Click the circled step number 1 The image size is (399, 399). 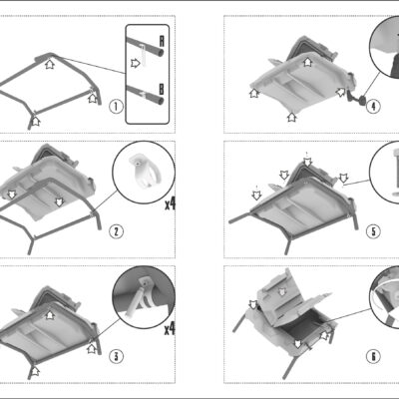(x=116, y=107)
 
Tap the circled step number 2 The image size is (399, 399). (x=116, y=231)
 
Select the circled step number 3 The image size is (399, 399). (x=116, y=356)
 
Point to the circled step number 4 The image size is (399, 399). (x=373, y=107)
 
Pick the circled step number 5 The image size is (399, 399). (x=373, y=231)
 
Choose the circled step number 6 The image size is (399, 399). (x=373, y=356)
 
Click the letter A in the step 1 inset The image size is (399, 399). (x=162, y=41)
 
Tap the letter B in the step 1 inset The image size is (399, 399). (x=162, y=89)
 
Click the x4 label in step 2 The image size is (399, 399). (x=170, y=204)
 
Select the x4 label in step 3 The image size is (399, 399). (x=170, y=329)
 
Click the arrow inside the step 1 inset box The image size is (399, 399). (x=135, y=63)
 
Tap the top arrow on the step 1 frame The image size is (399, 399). (x=50, y=64)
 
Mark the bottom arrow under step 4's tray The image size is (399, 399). (x=292, y=117)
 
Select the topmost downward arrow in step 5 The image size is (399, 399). (x=308, y=162)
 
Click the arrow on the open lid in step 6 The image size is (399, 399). (x=282, y=292)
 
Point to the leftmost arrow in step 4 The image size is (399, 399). (x=254, y=93)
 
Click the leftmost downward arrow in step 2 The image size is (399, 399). (x=12, y=195)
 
